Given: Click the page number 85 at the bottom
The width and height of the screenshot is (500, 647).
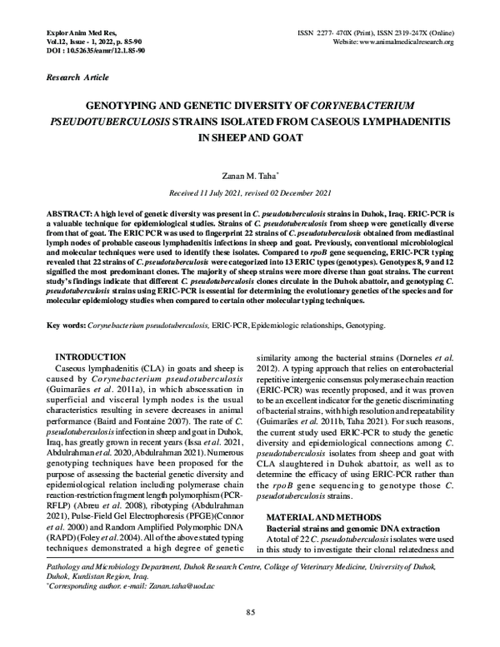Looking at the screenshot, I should [x=250, y=615].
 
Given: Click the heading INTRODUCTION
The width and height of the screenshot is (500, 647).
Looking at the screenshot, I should [x=90, y=356].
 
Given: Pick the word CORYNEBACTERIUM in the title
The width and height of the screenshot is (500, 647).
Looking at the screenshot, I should [x=367, y=107].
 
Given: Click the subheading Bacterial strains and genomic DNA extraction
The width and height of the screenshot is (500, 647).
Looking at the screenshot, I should [x=354, y=529].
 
